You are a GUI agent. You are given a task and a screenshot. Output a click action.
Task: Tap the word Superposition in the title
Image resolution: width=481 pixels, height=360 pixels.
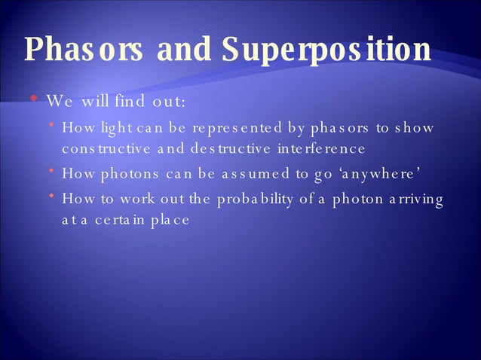click(326, 50)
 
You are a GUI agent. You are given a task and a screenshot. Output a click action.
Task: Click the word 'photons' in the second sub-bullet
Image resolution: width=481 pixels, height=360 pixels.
click(124, 175)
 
